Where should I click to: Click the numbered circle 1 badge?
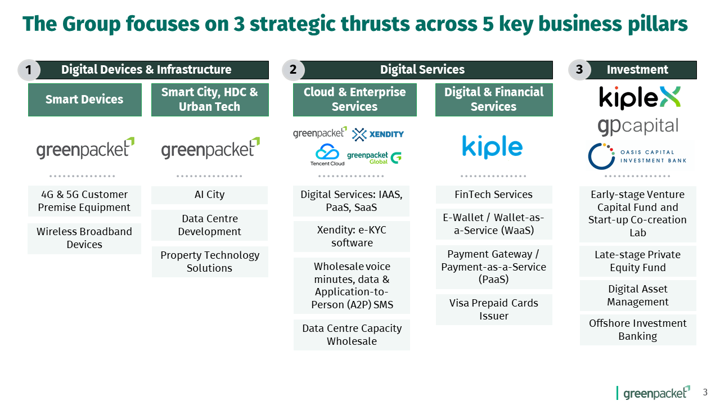click(29, 70)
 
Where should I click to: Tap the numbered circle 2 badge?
click(293, 70)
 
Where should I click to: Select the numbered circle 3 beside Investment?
click(579, 69)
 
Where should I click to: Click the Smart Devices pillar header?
click(85, 100)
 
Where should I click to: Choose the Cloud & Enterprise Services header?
click(355, 100)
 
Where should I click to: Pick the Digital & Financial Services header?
click(494, 100)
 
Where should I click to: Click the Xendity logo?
click(378, 134)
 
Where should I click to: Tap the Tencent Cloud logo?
click(327, 155)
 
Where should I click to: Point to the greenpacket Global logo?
click(375, 158)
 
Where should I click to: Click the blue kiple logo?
click(492, 147)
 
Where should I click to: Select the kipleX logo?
click(640, 98)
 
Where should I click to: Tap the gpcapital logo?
click(638, 127)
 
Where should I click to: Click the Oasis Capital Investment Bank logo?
click(637, 156)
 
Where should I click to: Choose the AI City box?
click(210, 195)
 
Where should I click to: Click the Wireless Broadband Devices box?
click(84, 238)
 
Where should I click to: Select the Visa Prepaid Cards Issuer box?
click(494, 309)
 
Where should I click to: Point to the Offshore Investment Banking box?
click(638, 330)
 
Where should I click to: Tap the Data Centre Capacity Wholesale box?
click(352, 335)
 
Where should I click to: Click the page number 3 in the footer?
click(705, 393)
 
